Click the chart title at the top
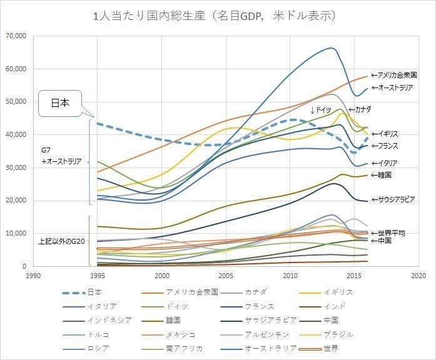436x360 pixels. (214, 16)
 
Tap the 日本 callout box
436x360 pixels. (60, 103)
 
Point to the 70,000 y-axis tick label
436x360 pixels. (16, 36)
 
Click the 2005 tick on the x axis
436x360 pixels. (226, 276)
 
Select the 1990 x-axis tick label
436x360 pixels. (33, 276)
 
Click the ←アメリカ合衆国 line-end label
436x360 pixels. (394, 75)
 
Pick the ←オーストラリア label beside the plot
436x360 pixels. (392, 87)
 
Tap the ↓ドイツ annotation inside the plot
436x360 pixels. (321, 110)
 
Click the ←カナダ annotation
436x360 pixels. (360, 109)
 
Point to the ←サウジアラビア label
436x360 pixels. (393, 199)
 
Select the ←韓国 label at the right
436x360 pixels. (381, 175)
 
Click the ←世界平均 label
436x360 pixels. (388, 233)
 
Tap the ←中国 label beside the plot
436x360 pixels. (381, 240)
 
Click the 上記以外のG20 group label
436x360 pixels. (61, 241)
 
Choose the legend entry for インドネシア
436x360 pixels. (97, 321)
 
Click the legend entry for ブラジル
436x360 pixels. (326, 334)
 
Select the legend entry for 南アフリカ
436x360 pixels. (172, 349)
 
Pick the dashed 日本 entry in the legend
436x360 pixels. (82, 292)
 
